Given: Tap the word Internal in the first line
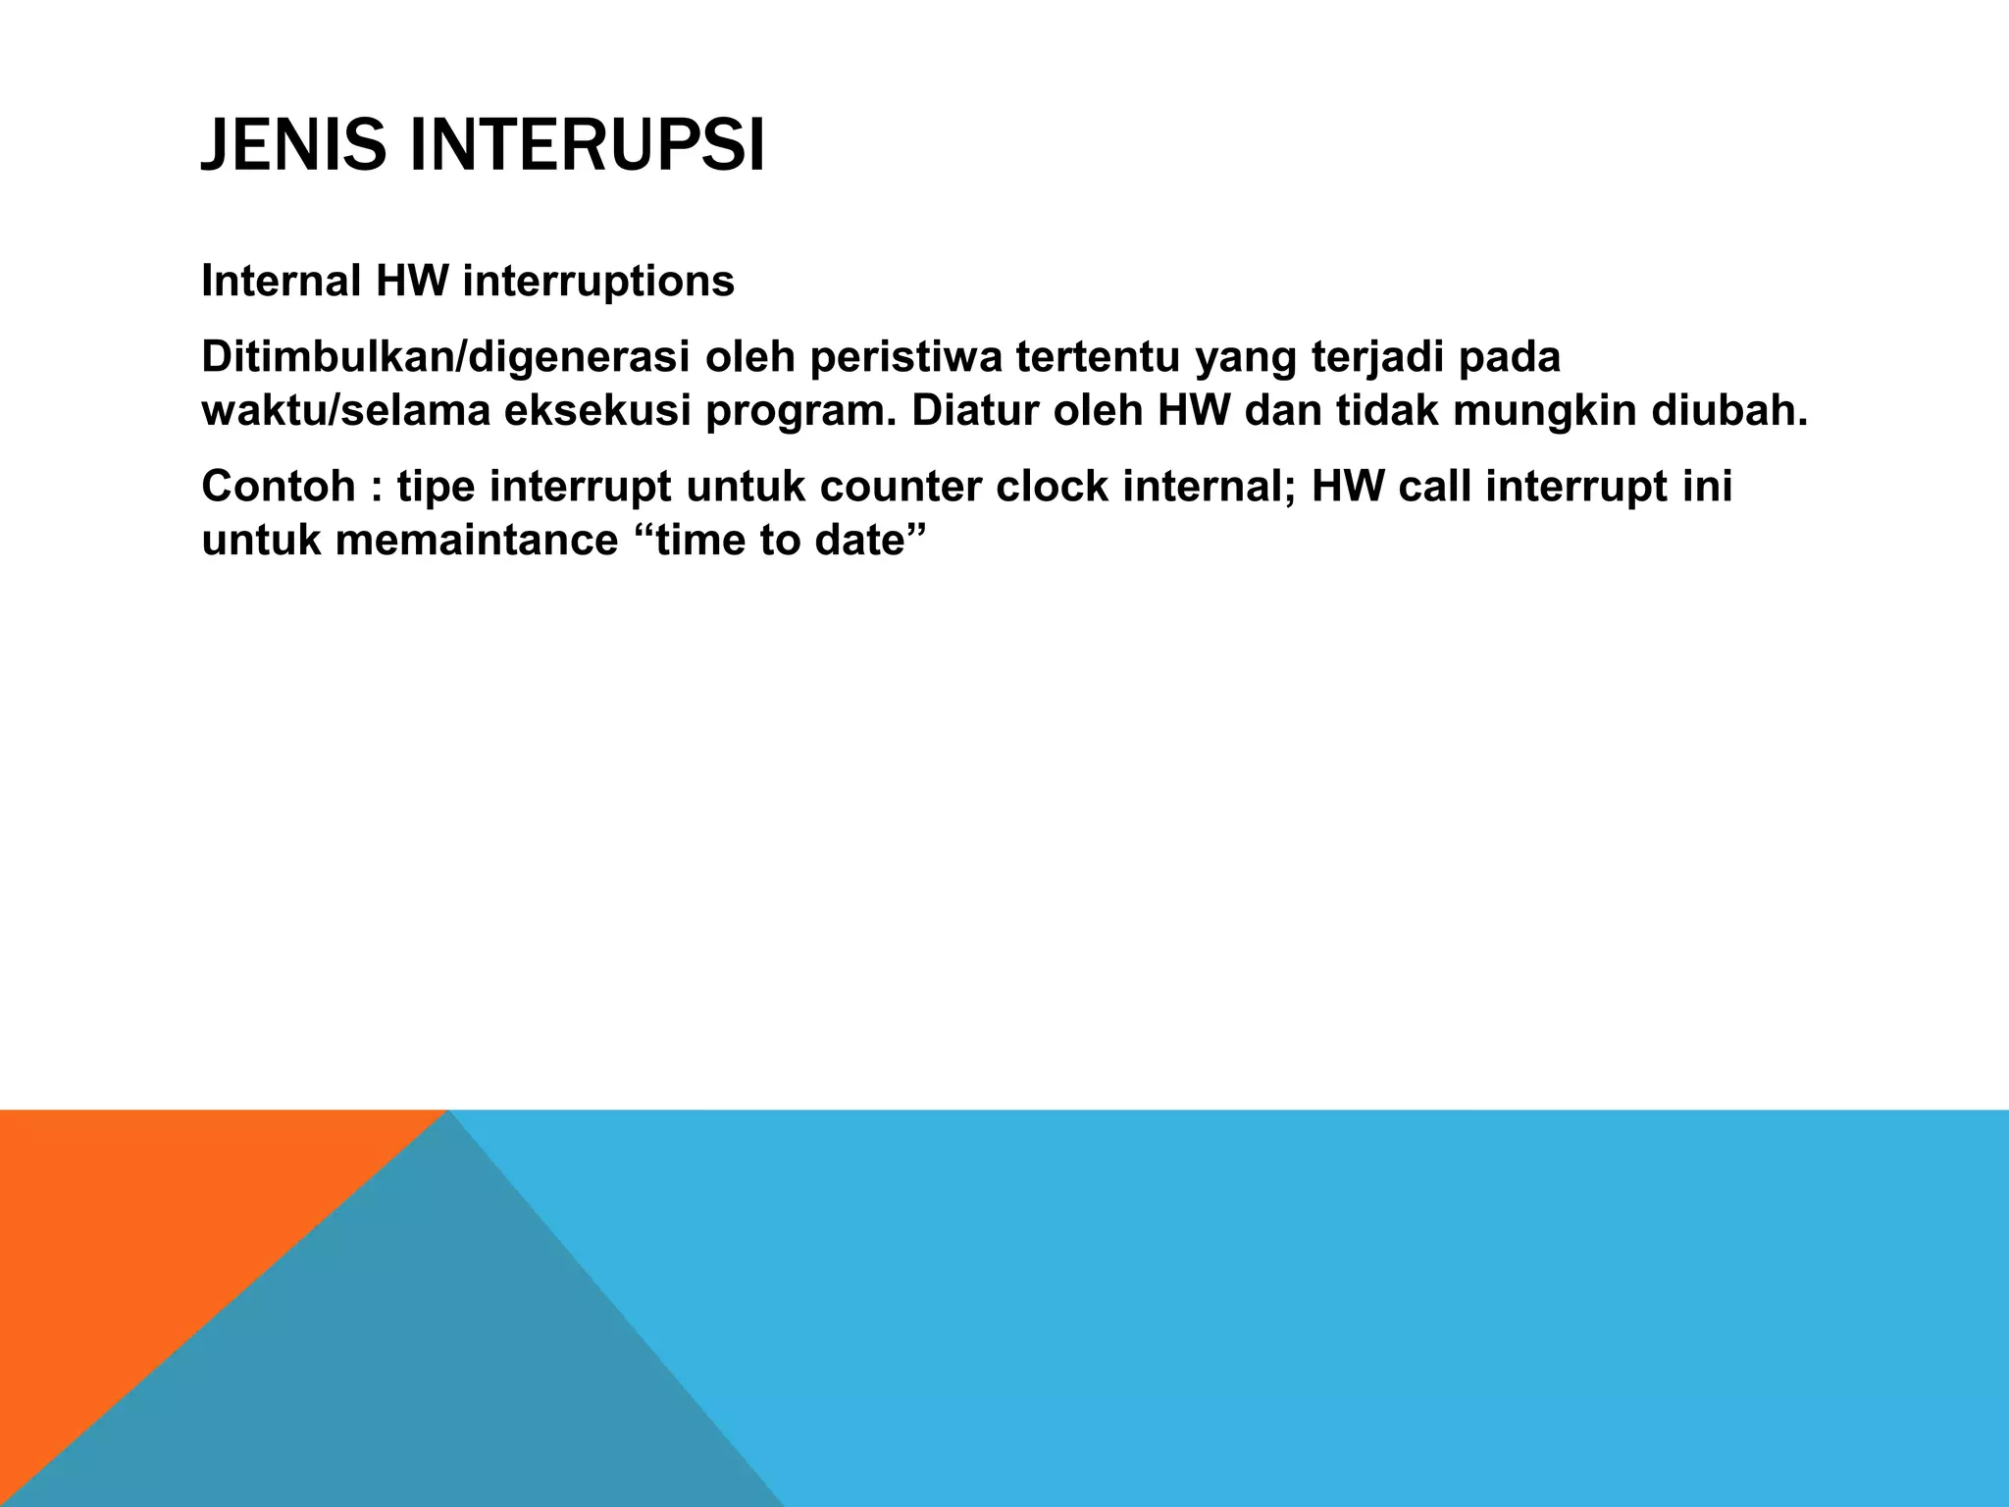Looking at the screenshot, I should [x=281, y=283].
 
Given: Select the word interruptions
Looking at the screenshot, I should [x=597, y=283].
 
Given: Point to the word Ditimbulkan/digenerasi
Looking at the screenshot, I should [x=445, y=358].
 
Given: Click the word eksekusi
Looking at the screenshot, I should [x=596, y=412].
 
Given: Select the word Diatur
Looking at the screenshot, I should [x=975, y=412].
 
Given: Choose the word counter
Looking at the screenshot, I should [x=900, y=488].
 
